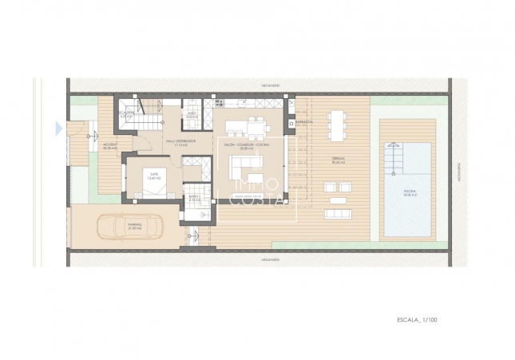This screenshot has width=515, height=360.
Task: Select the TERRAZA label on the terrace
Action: (x=340, y=158)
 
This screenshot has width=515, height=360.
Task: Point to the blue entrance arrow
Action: (x=57, y=128)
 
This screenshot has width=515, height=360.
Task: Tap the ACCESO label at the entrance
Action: (x=110, y=144)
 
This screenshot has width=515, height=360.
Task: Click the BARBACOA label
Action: (x=303, y=122)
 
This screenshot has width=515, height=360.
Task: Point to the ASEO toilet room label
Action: (x=192, y=115)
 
